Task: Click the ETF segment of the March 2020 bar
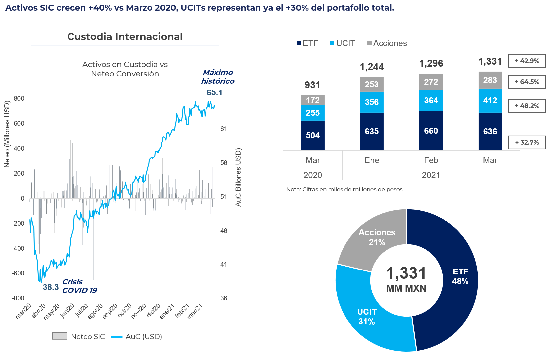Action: pyautogui.click(x=313, y=135)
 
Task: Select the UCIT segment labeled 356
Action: pyautogui.click(x=372, y=102)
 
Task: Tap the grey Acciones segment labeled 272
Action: pyautogui.click(x=431, y=82)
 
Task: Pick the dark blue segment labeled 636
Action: pyautogui.click(x=490, y=131)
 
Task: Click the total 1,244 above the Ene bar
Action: pyautogui.click(x=372, y=67)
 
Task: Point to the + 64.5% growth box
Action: pyautogui.click(x=527, y=82)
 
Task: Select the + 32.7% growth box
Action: pyautogui.click(x=527, y=142)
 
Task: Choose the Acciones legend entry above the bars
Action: pyautogui.click(x=387, y=43)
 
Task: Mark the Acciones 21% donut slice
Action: pyautogui.click(x=377, y=237)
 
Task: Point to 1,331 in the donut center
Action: pyautogui.click(x=406, y=273)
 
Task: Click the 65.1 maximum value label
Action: pyautogui.click(x=214, y=93)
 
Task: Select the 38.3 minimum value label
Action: pyautogui.click(x=51, y=287)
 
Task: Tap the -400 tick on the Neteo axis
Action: pyautogui.click(x=18, y=248)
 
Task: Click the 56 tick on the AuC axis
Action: pyautogui.click(x=224, y=163)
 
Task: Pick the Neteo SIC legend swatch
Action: pyautogui.click(x=60, y=336)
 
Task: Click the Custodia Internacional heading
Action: pyautogui.click(x=125, y=37)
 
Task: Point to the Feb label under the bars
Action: pyautogui.click(x=431, y=160)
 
